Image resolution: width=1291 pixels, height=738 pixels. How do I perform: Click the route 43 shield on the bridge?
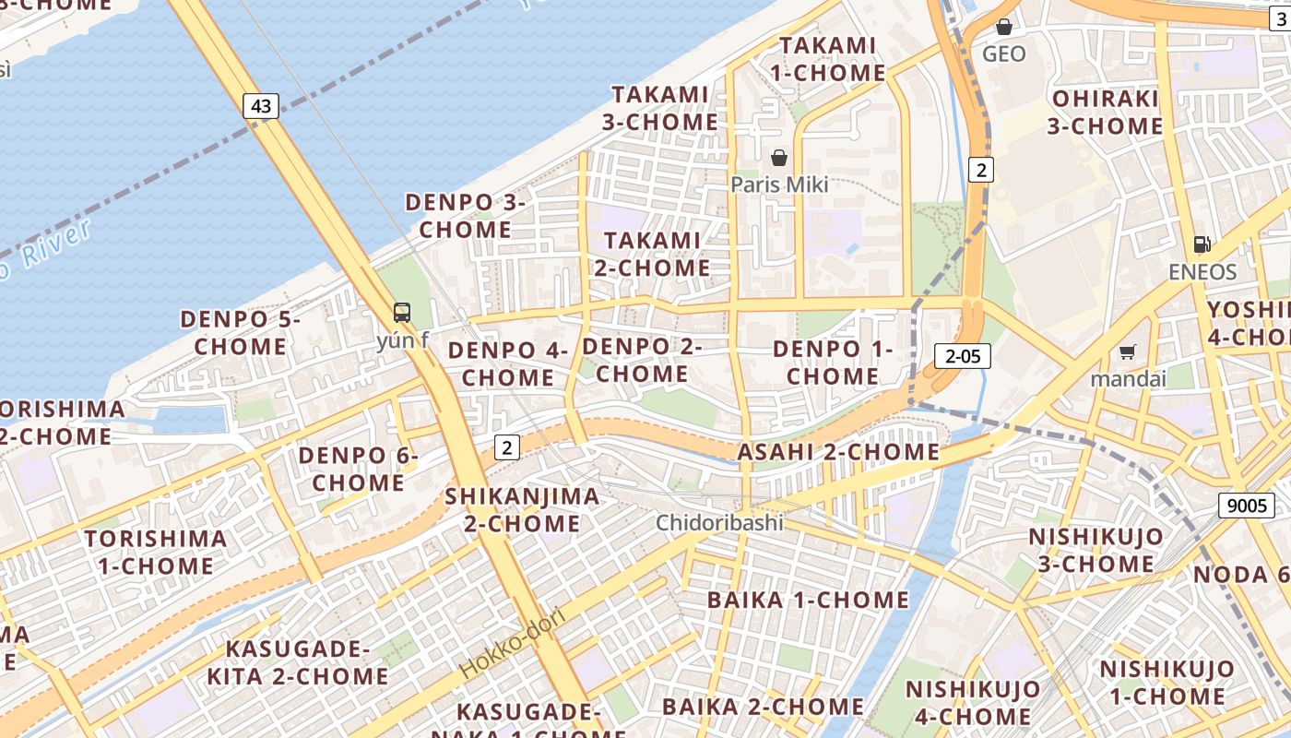(x=261, y=106)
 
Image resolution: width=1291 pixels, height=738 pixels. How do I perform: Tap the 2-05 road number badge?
(x=963, y=356)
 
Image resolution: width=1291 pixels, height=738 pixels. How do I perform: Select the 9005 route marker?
(x=1247, y=505)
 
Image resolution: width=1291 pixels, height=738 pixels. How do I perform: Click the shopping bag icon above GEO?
(x=1004, y=27)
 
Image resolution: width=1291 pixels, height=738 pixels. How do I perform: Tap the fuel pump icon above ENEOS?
(x=1202, y=244)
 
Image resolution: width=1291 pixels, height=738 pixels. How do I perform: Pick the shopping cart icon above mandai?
(x=1127, y=351)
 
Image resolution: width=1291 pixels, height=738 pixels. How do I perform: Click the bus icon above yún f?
(x=402, y=312)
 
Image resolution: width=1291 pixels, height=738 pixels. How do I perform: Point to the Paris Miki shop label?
(x=779, y=184)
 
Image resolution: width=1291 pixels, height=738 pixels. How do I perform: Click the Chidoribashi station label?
(x=719, y=523)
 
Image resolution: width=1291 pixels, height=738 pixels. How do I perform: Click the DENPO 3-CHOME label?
(x=466, y=215)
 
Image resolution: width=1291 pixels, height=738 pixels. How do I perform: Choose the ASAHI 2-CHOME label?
(x=837, y=452)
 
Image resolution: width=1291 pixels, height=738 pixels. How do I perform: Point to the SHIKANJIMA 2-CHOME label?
(x=522, y=509)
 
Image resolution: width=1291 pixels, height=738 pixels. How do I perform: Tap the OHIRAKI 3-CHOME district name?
(x=1105, y=112)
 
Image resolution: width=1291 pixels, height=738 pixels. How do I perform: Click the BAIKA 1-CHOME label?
(x=808, y=600)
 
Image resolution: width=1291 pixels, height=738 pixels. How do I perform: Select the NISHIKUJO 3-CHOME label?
(x=1096, y=550)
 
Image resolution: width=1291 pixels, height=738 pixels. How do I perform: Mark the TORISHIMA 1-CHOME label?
(x=156, y=552)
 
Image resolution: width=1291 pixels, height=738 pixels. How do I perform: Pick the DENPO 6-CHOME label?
(x=359, y=469)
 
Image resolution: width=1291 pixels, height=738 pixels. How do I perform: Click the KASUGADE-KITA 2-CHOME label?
(x=297, y=662)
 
